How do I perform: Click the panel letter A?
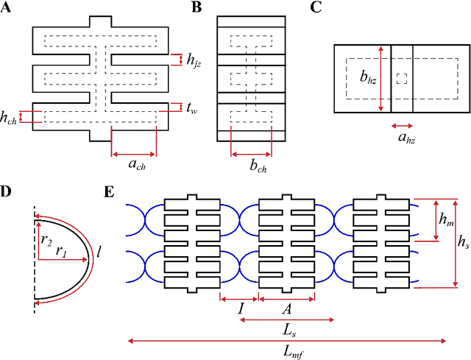pyautogui.click(x=6, y=7)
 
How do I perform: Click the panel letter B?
pyautogui.click(x=196, y=7)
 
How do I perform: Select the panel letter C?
pyautogui.click(x=316, y=7)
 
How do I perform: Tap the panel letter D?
pyautogui.click(x=6, y=192)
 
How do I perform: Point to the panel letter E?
pyautogui.click(x=109, y=192)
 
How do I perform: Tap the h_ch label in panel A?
pyautogui.click(x=9, y=116)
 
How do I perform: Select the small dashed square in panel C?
pyautogui.click(x=401, y=79)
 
